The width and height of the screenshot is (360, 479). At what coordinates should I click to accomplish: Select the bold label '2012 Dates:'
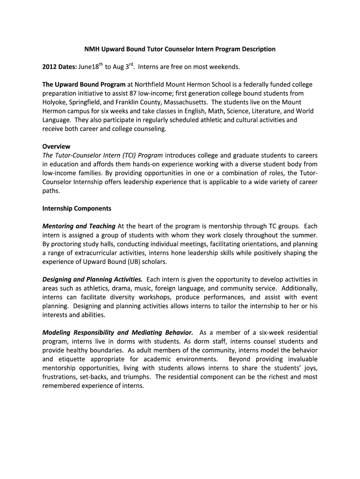pos(59,67)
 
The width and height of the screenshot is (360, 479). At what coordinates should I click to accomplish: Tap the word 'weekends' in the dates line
pos(224,67)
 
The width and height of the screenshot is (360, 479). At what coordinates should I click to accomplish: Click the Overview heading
pos(56,146)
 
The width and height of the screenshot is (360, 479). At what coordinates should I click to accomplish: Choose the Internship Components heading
pos(77,208)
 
